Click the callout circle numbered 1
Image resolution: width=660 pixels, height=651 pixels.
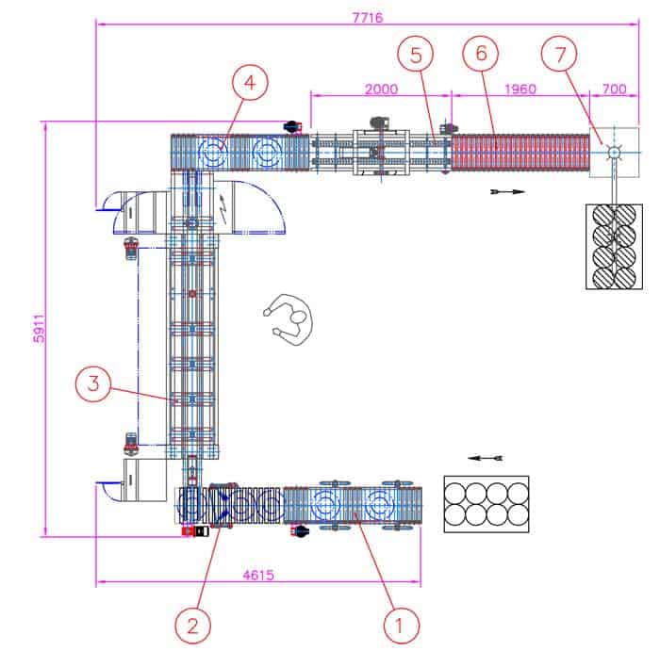tap(402, 626)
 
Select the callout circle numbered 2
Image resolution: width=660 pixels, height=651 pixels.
tap(192, 626)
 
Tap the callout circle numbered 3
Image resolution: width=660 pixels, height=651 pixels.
tap(93, 383)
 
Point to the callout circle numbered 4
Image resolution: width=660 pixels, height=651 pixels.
tap(250, 82)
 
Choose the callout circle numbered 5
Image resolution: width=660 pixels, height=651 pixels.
tap(416, 55)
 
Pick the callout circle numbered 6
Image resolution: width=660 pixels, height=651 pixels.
tap(481, 54)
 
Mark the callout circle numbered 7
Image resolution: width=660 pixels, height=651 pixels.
tap(559, 55)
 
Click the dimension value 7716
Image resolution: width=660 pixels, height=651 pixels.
tap(368, 18)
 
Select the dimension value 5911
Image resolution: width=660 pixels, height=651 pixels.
tap(40, 328)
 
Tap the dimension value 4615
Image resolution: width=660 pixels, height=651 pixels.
tap(258, 575)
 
